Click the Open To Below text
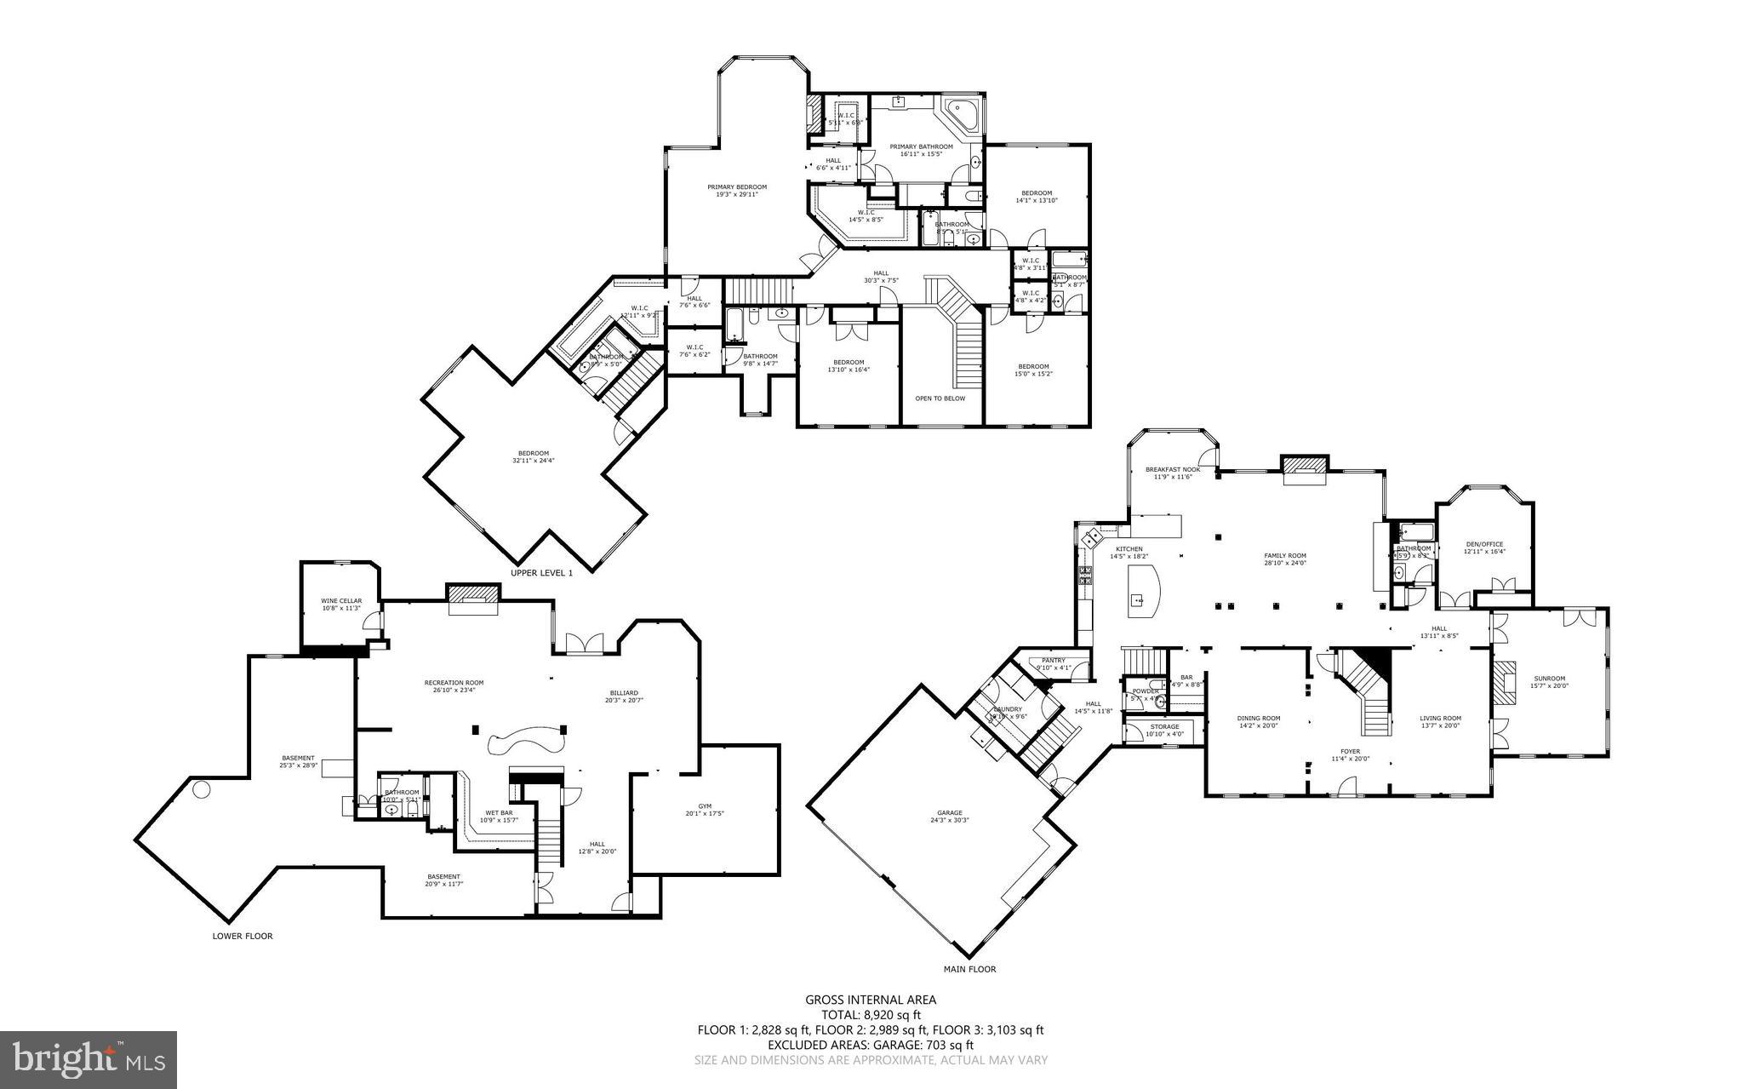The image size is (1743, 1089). point(940,398)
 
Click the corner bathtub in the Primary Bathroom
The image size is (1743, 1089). point(963,112)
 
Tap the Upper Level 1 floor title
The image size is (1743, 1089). point(541,573)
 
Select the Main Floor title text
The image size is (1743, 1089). point(969,969)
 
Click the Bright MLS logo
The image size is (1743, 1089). point(89,1060)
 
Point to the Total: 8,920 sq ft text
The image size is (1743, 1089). point(871,1015)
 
